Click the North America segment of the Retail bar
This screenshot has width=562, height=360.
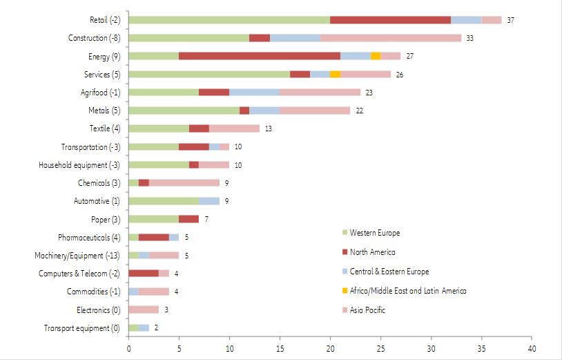point(390,20)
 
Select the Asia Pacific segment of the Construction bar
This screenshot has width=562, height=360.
point(391,38)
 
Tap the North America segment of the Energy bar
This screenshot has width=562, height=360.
point(260,56)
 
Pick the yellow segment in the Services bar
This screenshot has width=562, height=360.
point(335,74)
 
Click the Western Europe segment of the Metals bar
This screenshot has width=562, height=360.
point(184,111)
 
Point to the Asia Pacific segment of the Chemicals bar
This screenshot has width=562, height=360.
point(184,182)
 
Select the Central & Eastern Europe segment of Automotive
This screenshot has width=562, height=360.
point(209,201)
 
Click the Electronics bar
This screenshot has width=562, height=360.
point(144,310)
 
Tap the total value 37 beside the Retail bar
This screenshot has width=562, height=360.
point(510,21)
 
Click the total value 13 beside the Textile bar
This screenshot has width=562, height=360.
point(269,129)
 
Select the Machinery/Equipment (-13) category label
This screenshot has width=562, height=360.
point(79,256)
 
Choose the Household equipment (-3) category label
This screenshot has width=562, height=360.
point(81,165)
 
